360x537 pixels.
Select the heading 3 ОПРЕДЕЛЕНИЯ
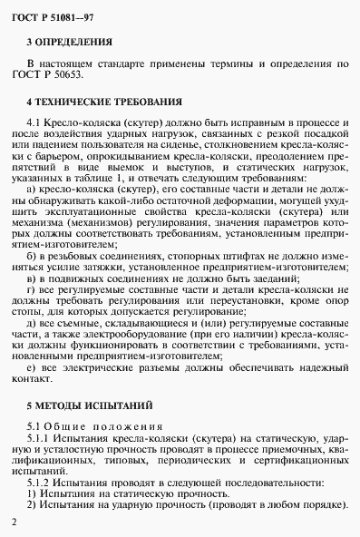pos(70,42)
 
